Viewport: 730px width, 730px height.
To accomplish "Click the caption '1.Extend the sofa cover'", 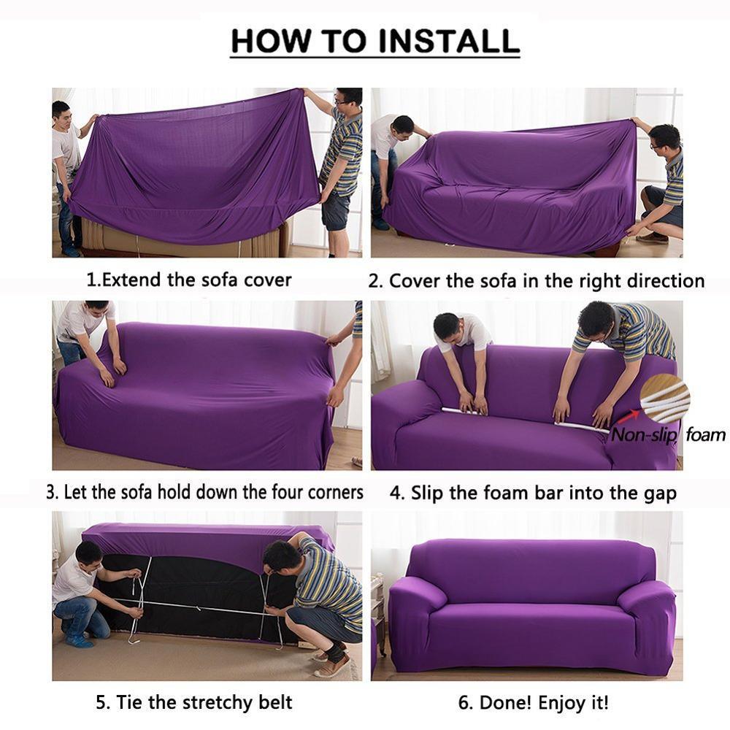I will point(189,280).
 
